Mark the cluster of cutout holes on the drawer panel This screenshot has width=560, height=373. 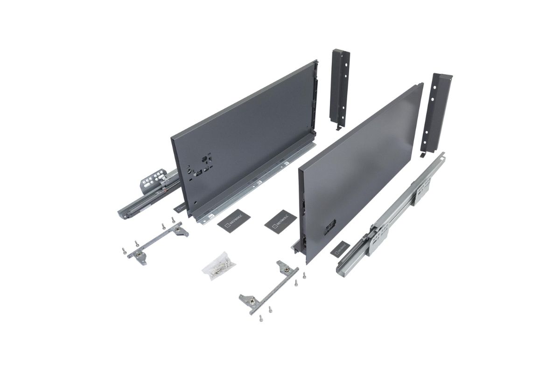coord(201,166)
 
